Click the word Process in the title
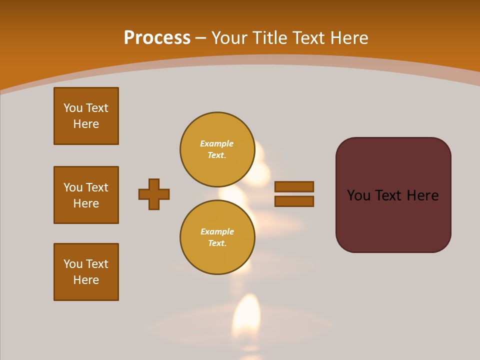(x=157, y=38)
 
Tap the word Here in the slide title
(x=349, y=38)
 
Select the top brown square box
(x=86, y=116)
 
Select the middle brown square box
(x=86, y=195)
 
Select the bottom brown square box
(x=86, y=272)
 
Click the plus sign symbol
(x=154, y=194)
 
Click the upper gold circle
(x=217, y=149)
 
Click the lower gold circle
(x=217, y=237)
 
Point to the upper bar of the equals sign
(x=294, y=186)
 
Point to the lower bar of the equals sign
(x=294, y=201)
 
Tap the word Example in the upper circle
(x=216, y=143)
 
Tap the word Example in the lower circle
(x=217, y=231)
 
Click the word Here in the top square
(x=86, y=124)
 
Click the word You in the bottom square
(x=73, y=264)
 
